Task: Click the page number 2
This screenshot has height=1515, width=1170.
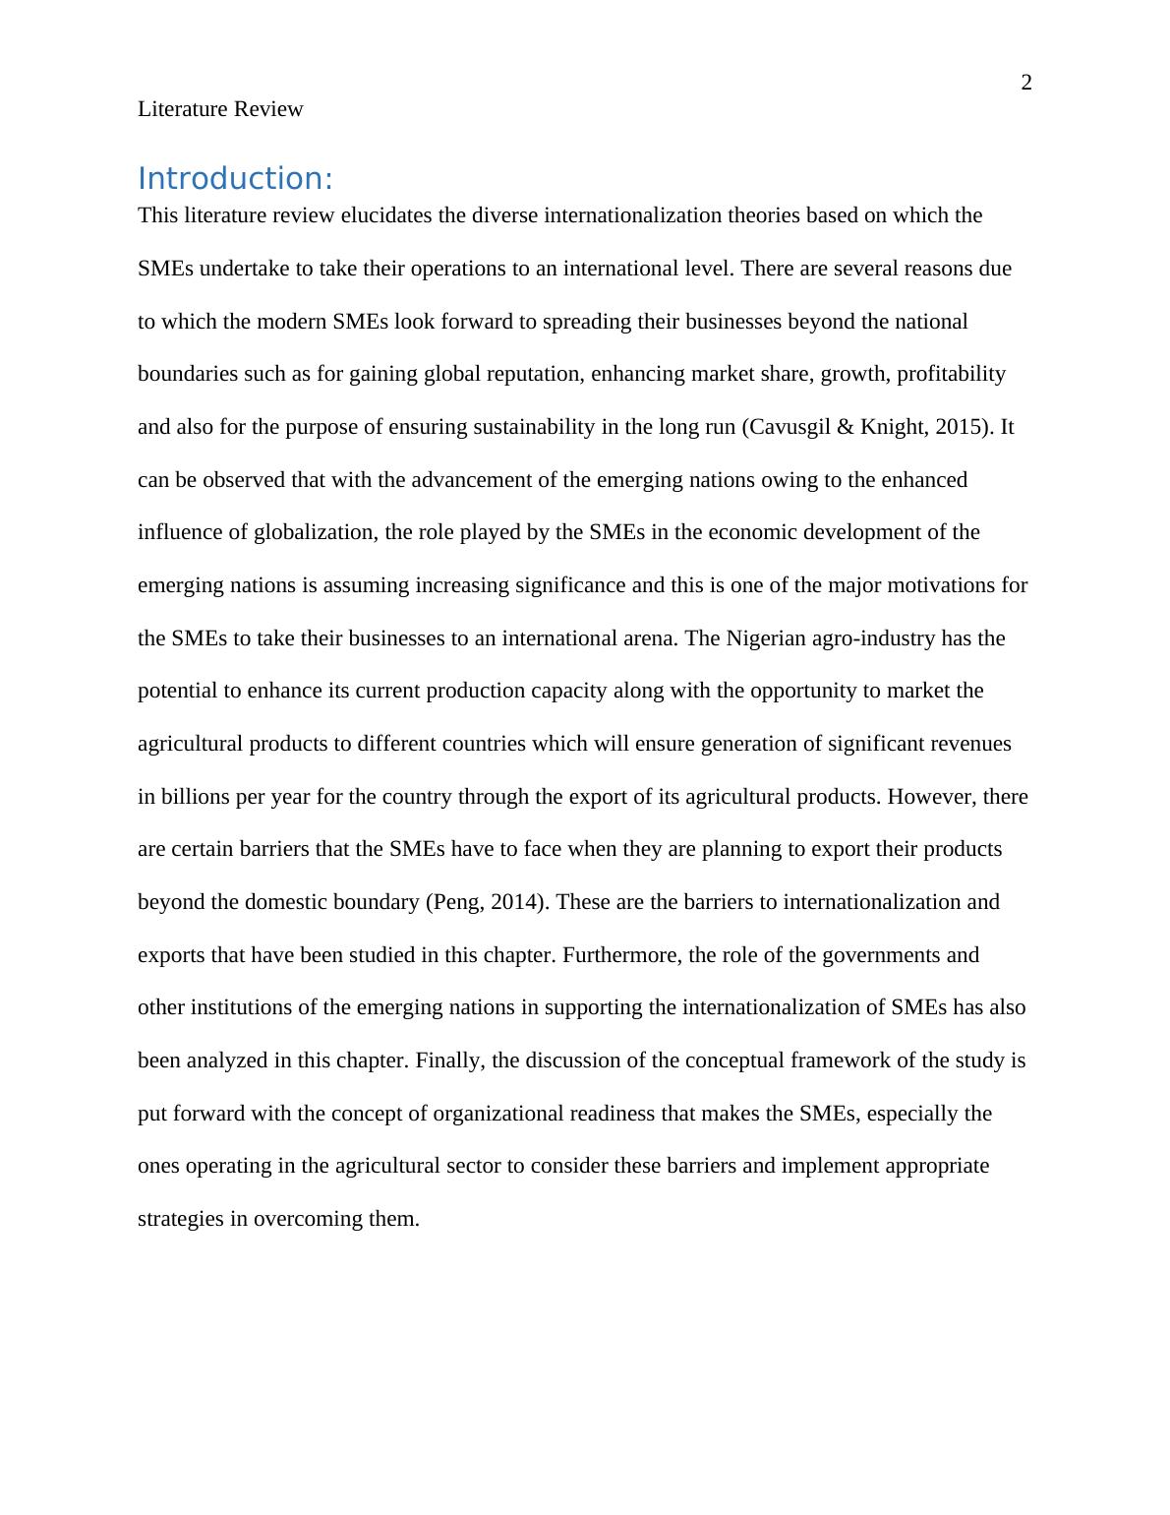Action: click(1026, 84)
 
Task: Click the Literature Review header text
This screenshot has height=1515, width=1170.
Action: click(220, 109)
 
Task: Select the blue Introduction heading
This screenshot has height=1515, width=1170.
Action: click(235, 179)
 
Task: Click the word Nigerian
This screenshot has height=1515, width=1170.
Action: click(766, 638)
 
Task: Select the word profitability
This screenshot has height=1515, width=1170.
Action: click(951, 374)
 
